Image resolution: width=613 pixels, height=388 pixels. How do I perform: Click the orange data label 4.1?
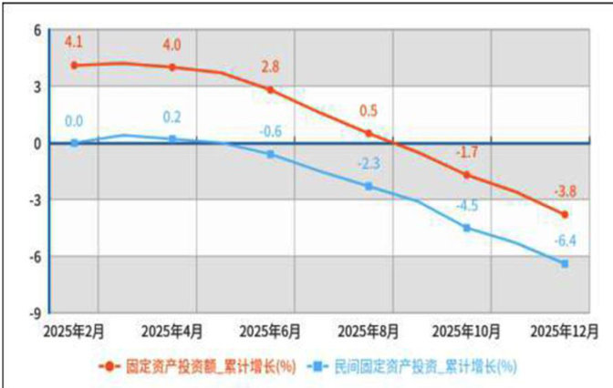click(x=74, y=41)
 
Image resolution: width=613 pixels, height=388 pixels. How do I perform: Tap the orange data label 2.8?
click(x=270, y=67)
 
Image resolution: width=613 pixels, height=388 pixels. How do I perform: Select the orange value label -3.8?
click(x=565, y=192)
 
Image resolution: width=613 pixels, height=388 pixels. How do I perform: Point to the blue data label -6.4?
click(x=565, y=241)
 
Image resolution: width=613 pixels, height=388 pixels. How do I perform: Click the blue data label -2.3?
click(x=369, y=165)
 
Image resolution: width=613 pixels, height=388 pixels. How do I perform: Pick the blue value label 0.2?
click(x=171, y=117)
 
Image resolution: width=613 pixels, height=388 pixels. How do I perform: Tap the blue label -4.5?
click(x=467, y=205)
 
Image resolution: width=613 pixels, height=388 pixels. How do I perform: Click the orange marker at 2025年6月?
click(x=270, y=90)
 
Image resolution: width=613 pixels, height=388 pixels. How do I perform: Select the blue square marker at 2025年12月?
click(x=565, y=263)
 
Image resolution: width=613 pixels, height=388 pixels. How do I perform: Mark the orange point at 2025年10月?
click(x=467, y=175)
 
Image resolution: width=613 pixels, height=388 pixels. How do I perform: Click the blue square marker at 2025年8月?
click(x=369, y=186)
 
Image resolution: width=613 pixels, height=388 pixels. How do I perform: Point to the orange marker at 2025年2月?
click(x=74, y=66)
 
